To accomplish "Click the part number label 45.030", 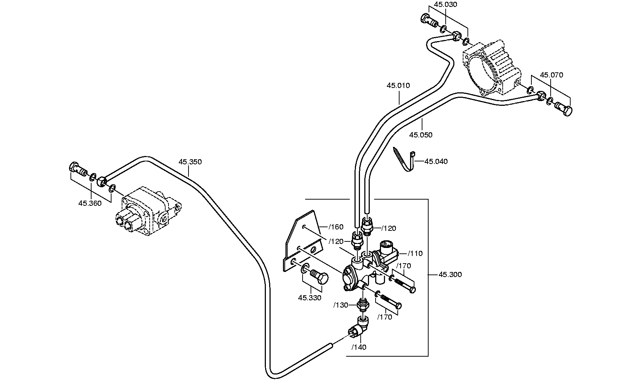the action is coord(446,5).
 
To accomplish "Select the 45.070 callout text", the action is coord(551,75).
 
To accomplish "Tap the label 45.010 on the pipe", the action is coord(398,86).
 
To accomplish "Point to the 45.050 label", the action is coord(421,135).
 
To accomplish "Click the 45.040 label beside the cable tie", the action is coord(436,161).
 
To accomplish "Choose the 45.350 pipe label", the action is coord(190,162).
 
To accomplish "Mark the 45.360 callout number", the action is coord(90,204).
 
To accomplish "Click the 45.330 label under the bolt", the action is coord(310,298).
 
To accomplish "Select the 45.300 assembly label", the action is coord(450,275).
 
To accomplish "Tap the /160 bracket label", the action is coord(336,227).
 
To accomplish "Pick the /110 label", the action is coord(416,254).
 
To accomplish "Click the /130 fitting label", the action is coord(341,305).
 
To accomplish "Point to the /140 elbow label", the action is coord(359,348).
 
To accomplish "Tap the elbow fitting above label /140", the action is coord(359,327).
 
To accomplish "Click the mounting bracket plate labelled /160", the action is coord(303,241).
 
